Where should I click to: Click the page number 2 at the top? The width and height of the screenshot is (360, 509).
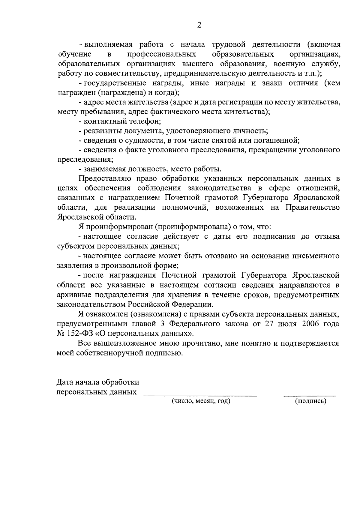[x=199, y=25]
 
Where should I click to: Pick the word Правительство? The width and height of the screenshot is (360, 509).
[x=313, y=208]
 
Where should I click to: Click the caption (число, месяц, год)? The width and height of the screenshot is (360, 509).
[x=201, y=401]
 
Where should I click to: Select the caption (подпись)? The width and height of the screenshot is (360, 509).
[x=310, y=401]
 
